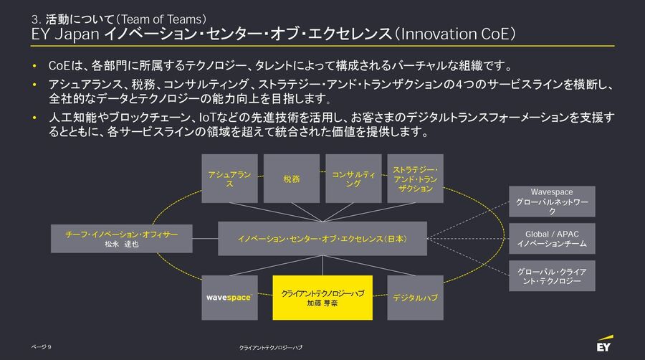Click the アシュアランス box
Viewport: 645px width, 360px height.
click(x=229, y=179)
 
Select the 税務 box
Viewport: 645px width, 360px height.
click(x=292, y=179)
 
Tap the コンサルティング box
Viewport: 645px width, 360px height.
click(x=353, y=179)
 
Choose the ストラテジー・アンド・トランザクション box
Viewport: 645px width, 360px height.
click(x=416, y=179)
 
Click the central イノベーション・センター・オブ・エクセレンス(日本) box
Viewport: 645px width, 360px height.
click(x=322, y=239)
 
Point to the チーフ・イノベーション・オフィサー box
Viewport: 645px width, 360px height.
click(x=121, y=239)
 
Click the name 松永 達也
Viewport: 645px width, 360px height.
click(x=121, y=244)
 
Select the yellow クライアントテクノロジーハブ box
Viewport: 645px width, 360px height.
click(x=322, y=298)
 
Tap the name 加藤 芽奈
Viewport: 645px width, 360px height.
click(x=322, y=303)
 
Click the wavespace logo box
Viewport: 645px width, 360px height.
click(x=229, y=298)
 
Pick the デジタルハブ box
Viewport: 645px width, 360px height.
click(x=416, y=298)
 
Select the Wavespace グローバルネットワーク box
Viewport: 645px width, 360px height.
click(x=552, y=202)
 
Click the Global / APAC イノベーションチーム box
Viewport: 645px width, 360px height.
click(x=552, y=239)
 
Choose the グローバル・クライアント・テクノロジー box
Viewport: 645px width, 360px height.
click(x=552, y=275)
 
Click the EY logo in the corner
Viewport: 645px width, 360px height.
click(x=605, y=344)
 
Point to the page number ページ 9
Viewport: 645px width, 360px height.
click(x=41, y=347)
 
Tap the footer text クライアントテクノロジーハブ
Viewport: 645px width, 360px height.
click(x=271, y=348)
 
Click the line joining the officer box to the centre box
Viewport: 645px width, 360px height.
click(x=205, y=239)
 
